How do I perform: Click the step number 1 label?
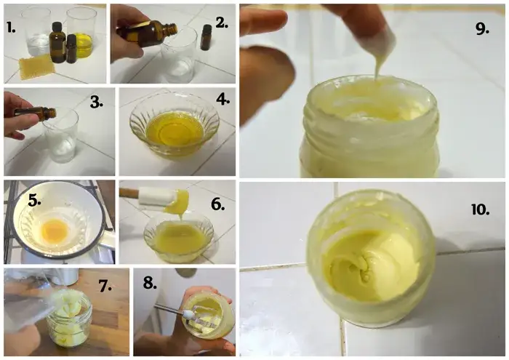pyautogui.click(x=11, y=28)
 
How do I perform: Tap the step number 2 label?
pyautogui.click(x=222, y=23)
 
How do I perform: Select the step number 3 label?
pyautogui.click(x=97, y=103)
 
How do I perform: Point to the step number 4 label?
pyautogui.click(x=223, y=99)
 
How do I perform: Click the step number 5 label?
pyautogui.click(x=34, y=201)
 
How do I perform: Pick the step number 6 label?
pyautogui.click(x=218, y=205)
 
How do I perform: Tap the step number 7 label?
pyautogui.click(x=105, y=286)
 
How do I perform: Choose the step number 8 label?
pyautogui.click(x=150, y=284)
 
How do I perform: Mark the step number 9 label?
pyautogui.click(x=482, y=29)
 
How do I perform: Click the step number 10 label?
pyautogui.click(x=481, y=210)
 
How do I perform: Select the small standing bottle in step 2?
pyautogui.click(x=206, y=37)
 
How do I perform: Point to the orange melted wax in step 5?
pyautogui.click(x=55, y=229)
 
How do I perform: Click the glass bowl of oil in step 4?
pyautogui.click(x=175, y=127)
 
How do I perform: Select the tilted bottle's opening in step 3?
pyautogui.click(x=52, y=113)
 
